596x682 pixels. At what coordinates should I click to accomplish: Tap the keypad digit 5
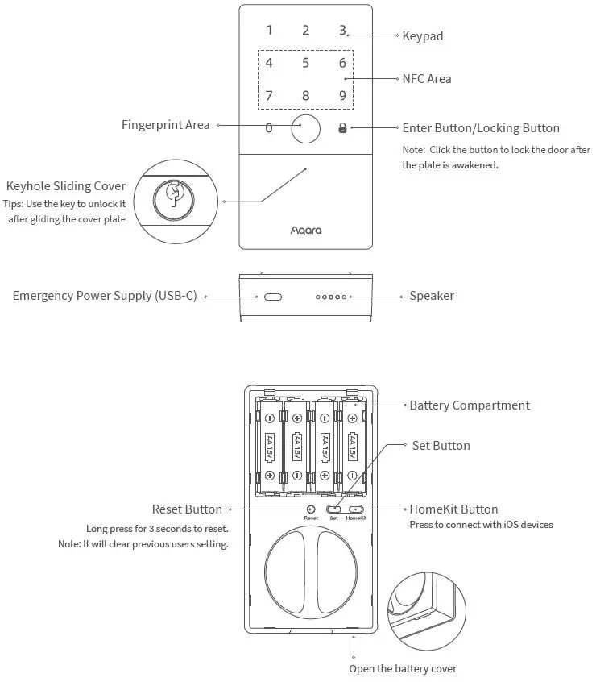tap(305, 63)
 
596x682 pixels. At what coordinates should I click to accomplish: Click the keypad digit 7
tap(269, 96)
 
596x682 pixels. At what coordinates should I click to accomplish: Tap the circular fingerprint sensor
tap(305, 128)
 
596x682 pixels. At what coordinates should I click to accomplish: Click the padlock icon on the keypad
tap(342, 128)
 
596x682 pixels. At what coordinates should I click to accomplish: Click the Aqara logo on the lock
tap(305, 231)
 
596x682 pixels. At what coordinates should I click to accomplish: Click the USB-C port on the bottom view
tap(272, 297)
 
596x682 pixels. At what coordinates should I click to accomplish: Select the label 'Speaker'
tap(432, 296)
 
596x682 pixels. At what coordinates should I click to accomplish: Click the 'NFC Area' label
tap(427, 79)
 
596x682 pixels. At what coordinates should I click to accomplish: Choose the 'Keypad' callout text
tap(423, 36)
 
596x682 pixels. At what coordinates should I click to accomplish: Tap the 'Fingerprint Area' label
tap(165, 125)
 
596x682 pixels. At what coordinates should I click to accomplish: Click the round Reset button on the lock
tap(311, 509)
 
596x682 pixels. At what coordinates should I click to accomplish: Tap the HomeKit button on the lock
tap(355, 509)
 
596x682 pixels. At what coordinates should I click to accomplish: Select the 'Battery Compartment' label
tap(470, 405)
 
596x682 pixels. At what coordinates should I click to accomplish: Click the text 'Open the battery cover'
tap(403, 669)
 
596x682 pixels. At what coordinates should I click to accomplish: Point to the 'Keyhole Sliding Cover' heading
tap(66, 187)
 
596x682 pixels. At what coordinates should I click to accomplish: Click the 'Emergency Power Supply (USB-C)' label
tap(105, 296)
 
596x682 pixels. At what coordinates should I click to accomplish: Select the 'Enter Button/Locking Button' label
tap(481, 128)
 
